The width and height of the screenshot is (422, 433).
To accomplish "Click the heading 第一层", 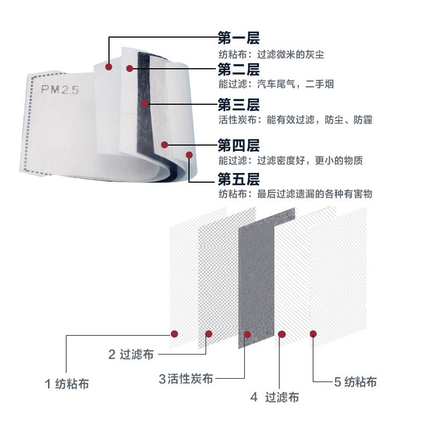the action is [238, 38].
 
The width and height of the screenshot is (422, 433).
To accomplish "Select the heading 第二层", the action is [238, 69].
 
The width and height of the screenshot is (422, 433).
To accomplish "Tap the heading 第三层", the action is [238, 104].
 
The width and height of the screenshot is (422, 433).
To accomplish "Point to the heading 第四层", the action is [238, 145].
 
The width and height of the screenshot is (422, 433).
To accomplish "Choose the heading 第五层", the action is [238, 178].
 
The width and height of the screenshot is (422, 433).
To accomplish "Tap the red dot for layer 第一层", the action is [108, 67].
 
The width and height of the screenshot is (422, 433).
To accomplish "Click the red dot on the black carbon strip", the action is [143, 103].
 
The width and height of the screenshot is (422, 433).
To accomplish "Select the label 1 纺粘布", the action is [67, 384].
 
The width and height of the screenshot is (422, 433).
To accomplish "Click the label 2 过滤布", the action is [131, 355].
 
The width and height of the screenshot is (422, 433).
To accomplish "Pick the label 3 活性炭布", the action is [186, 379].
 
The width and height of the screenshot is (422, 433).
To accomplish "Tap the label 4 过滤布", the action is [274, 398].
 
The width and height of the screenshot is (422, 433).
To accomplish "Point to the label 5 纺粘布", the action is [355, 382].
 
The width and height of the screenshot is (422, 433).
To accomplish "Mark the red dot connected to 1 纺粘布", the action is [174, 334].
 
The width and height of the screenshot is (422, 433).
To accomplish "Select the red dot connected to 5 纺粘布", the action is [313, 334].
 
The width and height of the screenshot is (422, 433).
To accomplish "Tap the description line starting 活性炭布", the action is [295, 120].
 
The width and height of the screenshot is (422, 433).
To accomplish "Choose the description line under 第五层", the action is [295, 194].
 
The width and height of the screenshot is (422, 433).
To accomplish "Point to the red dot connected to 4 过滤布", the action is [282, 334].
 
